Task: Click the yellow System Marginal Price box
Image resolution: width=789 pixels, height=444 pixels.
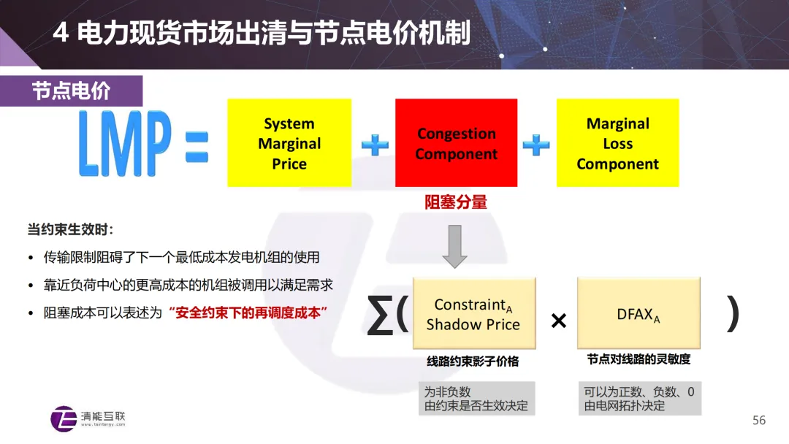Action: click(289, 143)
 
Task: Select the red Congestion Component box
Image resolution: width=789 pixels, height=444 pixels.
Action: click(456, 143)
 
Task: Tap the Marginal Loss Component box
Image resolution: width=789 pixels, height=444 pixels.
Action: click(617, 143)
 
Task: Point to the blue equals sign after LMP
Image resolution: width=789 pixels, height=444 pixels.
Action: click(191, 145)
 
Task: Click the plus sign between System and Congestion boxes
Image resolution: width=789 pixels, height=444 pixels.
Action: click(375, 144)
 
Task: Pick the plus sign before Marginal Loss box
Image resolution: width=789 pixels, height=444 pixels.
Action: click(536, 144)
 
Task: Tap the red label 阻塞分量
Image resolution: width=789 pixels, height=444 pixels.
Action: click(456, 202)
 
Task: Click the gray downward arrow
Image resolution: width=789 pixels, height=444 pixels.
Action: click(455, 246)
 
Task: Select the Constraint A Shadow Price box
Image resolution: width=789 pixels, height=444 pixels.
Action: click(473, 314)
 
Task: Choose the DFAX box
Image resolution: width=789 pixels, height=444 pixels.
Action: click(639, 314)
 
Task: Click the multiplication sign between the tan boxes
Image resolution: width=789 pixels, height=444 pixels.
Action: click(558, 321)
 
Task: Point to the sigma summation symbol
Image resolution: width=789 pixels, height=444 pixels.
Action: click(380, 317)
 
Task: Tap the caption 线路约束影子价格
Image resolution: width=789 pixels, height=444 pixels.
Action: click(473, 361)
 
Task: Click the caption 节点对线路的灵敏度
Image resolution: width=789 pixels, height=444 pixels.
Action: click(639, 359)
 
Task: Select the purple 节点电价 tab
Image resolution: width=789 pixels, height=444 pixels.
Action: click(71, 91)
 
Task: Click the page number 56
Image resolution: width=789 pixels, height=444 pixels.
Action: click(759, 420)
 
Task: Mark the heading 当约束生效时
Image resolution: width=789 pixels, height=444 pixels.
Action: click(70, 230)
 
